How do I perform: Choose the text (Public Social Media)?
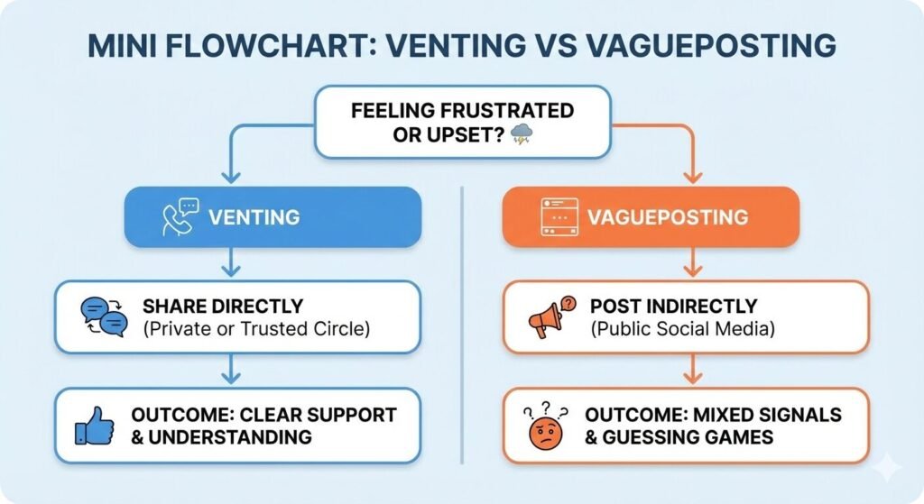(x=683, y=328)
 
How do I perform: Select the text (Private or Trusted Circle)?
(x=256, y=328)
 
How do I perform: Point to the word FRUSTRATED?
(x=501, y=111)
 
